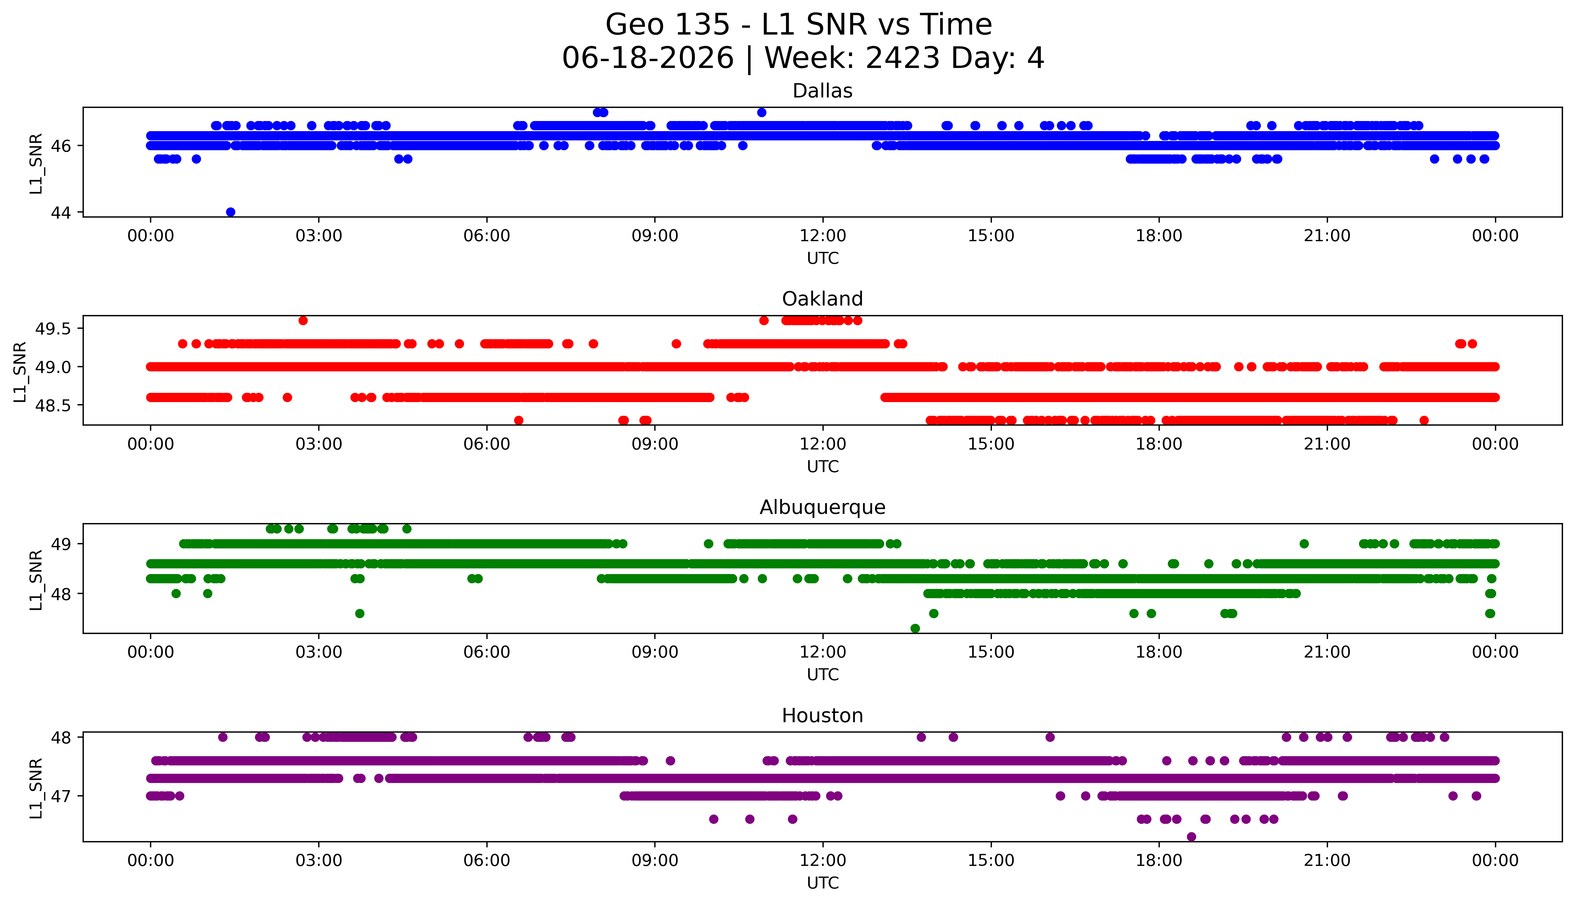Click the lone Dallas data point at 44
tap(231, 212)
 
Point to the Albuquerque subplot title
tap(822, 507)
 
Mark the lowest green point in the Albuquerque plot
tap(915, 628)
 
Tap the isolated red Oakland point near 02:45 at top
tap(303, 320)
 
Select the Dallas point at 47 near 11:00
tap(762, 112)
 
